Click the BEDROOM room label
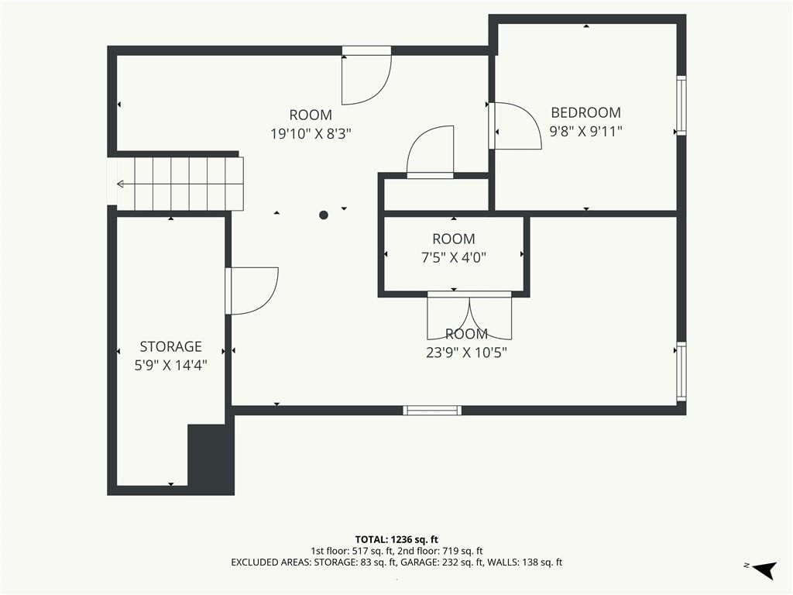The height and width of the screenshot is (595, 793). pos(585,112)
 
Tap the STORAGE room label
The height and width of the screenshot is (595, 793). pos(170,346)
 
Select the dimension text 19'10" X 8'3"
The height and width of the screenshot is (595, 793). pos(311,134)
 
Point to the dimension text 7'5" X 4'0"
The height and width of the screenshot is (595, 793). pos(454,258)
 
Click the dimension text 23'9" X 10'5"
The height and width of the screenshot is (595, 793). pos(466,353)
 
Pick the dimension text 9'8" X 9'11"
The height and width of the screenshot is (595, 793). pos(585,132)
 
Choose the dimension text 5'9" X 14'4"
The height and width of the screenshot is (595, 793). pos(170,366)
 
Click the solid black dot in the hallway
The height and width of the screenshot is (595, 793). pos(324,215)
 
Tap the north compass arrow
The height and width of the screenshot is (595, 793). pos(764,569)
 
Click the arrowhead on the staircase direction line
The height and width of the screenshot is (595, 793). pos(120,184)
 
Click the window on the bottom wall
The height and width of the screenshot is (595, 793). pos(432,411)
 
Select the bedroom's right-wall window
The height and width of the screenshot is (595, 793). pos(681,105)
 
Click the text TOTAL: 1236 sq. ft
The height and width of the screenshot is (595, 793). pos(396,539)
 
